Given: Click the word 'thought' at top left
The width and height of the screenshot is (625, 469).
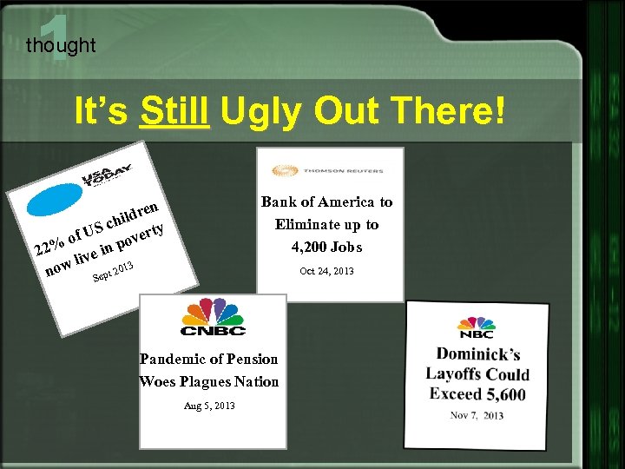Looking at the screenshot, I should tap(61, 45).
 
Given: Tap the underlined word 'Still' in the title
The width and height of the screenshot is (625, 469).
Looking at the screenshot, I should tap(174, 112).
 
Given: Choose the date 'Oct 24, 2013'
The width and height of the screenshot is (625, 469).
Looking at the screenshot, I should tap(326, 271).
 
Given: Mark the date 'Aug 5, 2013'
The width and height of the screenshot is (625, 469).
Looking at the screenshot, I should tap(208, 406).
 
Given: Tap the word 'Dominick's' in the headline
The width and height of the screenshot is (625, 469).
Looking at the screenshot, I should tap(477, 353).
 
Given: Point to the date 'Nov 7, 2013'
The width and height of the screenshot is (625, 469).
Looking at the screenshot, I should tap(477, 415).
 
